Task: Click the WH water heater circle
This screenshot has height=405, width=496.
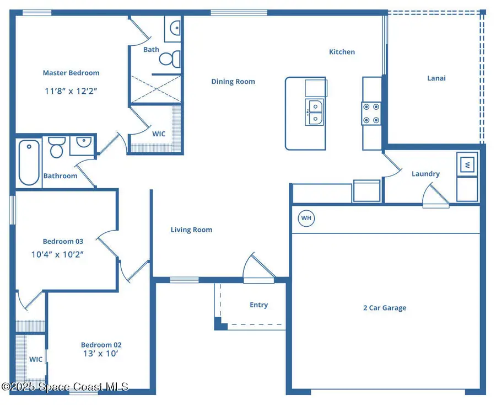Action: click(x=306, y=218)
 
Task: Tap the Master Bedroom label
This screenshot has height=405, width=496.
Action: click(x=71, y=73)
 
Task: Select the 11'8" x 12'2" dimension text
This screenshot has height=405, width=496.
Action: click(x=71, y=91)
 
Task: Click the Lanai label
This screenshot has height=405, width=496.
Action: click(x=436, y=78)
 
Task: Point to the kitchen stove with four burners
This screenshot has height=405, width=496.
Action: click(x=371, y=113)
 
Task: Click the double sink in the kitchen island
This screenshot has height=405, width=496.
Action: click(x=315, y=112)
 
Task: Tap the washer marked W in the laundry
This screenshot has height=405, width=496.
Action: click(x=467, y=164)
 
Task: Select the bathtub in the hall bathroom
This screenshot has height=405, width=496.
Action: click(x=29, y=162)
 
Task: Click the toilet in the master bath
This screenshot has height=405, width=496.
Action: click(x=170, y=58)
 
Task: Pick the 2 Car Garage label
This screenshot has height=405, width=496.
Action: click(x=385, y=308)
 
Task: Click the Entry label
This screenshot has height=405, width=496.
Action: click(x=259, y=305)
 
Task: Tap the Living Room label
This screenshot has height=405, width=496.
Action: click(x=191, y=230)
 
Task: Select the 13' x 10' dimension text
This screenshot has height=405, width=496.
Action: click(x=101, y=354)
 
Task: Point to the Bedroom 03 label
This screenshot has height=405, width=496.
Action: click(x=63, y=241)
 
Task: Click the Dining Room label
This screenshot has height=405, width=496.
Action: click(x=233, y=82)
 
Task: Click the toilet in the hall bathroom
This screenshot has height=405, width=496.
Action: click(x=57, y=147)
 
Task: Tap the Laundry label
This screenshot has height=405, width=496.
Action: click(x=426, y=174)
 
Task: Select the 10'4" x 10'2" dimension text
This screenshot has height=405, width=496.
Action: click(x=57, y=254)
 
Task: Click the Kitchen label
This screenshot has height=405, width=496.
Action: click(x=342, y=52)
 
